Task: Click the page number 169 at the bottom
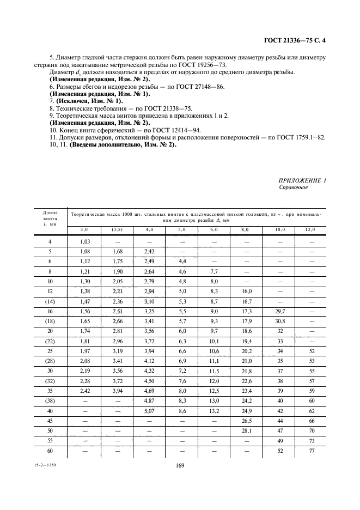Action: click(x=180, y=465)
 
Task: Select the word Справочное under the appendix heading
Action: click(x=294, y=187)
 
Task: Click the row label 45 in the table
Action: click(x=50, y=421)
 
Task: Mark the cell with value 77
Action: click(x=312, y=451)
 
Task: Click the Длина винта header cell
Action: click(x=50, y=218)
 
